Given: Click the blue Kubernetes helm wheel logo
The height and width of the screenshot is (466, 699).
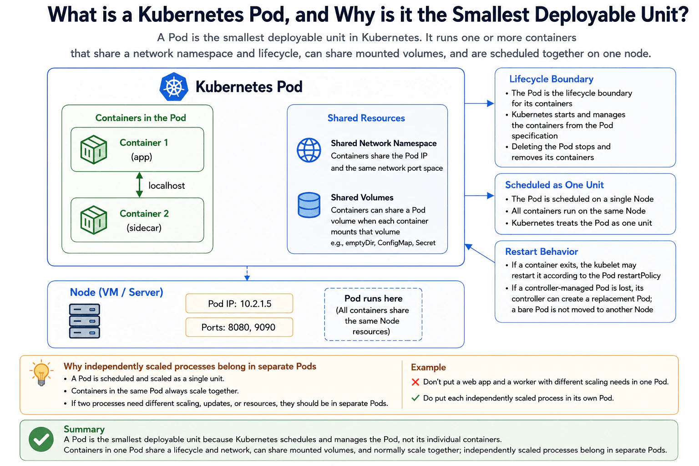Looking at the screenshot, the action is click(174, 86).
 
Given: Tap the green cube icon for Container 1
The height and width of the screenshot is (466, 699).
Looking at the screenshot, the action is click(94, 150).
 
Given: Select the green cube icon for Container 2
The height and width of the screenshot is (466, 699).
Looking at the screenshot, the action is click(94, 220).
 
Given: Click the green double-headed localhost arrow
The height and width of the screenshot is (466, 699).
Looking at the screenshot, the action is click(140, 185).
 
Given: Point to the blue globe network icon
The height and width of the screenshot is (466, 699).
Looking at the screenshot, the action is click(309, 150).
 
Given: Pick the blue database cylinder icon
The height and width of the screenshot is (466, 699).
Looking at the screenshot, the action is click(309, 205).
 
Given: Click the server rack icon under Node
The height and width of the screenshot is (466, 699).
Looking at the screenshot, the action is click(84, 321).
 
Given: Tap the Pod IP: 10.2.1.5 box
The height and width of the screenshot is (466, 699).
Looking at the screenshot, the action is click(239, 304).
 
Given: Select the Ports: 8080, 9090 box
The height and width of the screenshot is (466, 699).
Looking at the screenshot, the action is click(239, 327).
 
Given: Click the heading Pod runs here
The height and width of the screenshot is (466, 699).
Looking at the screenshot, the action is click(373, 299).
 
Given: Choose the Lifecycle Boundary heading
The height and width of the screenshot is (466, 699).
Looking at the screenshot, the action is click(551, 79).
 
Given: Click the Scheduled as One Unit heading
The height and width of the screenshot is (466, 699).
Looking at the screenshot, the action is click(554, 185).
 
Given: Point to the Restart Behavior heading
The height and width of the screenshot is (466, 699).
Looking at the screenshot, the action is click(542, 252).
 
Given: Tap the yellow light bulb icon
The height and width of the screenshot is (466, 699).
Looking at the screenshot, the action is click(41, 373).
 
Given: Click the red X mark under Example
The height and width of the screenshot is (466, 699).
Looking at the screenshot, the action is click(415, 382).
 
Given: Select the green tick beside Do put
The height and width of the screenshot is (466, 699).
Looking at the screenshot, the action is click(415, 398).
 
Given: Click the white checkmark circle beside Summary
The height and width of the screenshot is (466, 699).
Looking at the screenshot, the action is click(41, 439).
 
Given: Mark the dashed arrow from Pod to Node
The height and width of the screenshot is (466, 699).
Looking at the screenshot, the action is click(247, 274).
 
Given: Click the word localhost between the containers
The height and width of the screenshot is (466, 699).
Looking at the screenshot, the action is click(167, 186).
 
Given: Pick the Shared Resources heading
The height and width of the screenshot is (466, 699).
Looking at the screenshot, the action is click(366, 118).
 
